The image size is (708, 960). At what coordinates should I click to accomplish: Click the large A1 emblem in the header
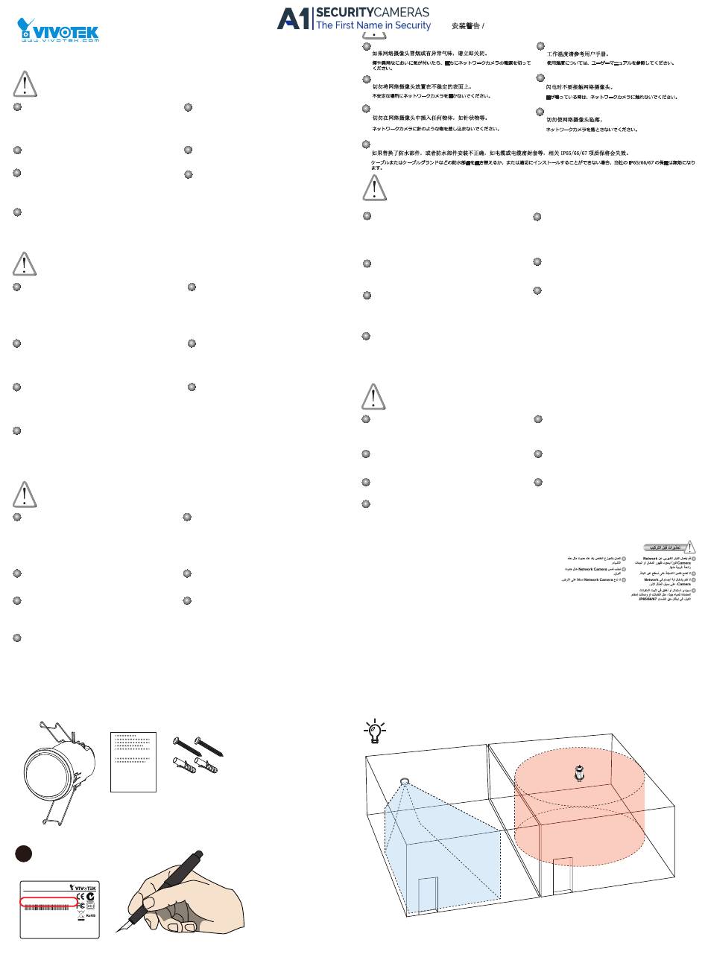(294, 19)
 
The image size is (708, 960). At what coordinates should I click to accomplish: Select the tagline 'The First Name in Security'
(373, 25)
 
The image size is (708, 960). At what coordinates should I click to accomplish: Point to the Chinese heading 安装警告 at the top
(466, 26)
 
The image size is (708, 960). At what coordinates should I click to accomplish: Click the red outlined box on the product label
(48, 902)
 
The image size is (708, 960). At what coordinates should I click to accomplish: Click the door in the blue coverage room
(428, 901)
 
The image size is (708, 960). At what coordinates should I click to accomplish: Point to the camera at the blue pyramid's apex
(405, 781)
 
